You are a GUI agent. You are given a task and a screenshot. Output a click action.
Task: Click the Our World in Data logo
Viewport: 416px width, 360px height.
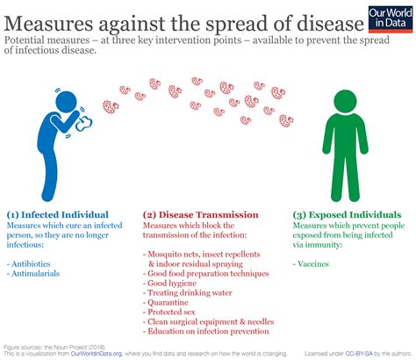coord(391,19)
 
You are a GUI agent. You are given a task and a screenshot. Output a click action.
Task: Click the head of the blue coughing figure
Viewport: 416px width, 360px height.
coord(66,102)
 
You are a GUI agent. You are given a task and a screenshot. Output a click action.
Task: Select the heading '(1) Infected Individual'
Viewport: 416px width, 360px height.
coord(58,215)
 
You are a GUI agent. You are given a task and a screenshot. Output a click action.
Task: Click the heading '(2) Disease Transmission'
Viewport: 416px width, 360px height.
coord(201,215)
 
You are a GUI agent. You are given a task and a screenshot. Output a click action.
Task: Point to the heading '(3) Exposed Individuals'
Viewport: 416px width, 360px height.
coord(347,215)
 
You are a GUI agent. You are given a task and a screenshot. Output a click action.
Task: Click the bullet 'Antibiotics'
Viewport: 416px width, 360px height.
coord(29,263)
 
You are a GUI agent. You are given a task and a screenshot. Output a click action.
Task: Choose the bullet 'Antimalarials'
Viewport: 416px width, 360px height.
coord(33,273)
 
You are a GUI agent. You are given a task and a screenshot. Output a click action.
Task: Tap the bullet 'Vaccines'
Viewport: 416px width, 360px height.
coord(311,263)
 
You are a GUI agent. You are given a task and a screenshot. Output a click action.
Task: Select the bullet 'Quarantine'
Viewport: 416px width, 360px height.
coord(166,302)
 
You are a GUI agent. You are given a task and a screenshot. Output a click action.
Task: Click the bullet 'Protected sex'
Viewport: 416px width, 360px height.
coord(169,312)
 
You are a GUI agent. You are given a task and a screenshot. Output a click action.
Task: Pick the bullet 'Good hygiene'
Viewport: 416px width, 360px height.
coord(169,283)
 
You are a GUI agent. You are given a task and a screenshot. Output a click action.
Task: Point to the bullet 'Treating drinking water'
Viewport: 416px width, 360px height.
coord(188,292)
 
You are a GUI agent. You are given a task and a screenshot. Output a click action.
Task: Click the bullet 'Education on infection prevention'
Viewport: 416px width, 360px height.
coord(206,331)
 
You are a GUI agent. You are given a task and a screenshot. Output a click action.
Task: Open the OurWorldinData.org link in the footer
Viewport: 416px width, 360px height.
coord(97,354)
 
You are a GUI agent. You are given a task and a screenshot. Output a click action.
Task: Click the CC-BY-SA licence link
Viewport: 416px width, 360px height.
coord(359,354)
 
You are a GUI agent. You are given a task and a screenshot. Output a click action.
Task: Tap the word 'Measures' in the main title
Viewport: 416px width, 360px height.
coord(48,24)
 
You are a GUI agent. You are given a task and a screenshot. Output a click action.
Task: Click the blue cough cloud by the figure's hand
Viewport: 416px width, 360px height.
coord(84,124)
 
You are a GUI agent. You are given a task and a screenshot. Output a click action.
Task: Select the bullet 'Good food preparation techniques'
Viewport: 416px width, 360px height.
coord(206,273)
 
